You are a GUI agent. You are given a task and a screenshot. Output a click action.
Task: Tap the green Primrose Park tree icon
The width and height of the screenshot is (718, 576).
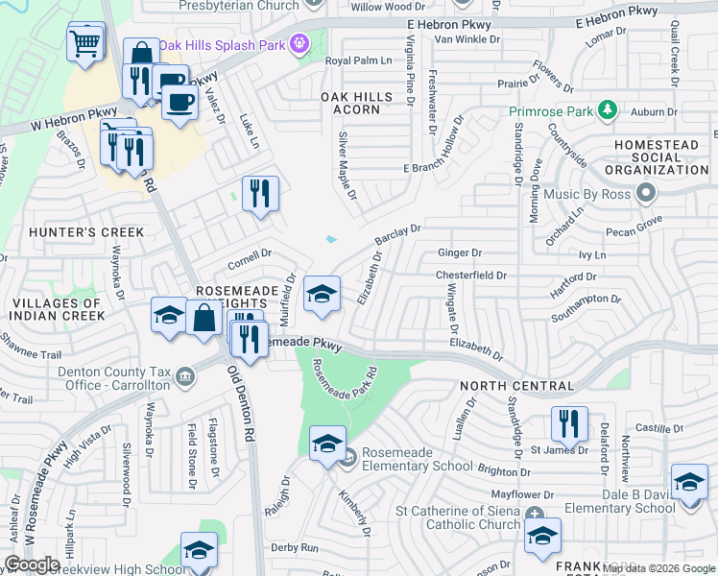tap(607, 110)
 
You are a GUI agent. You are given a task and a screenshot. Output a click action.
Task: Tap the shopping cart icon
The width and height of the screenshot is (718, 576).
tap(85, 42)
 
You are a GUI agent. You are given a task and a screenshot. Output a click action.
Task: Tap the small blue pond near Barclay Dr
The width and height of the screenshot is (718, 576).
tap(331, 239)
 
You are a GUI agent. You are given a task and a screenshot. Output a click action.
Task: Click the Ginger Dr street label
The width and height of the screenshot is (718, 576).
tap(459, 253)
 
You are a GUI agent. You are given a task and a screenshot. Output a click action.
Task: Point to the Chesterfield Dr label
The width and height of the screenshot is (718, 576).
tap(470, 276)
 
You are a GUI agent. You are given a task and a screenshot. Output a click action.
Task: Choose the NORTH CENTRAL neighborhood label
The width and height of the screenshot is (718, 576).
tap(516, 386)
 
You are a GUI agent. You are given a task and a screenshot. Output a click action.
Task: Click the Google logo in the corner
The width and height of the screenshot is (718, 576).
tap(32, 564)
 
